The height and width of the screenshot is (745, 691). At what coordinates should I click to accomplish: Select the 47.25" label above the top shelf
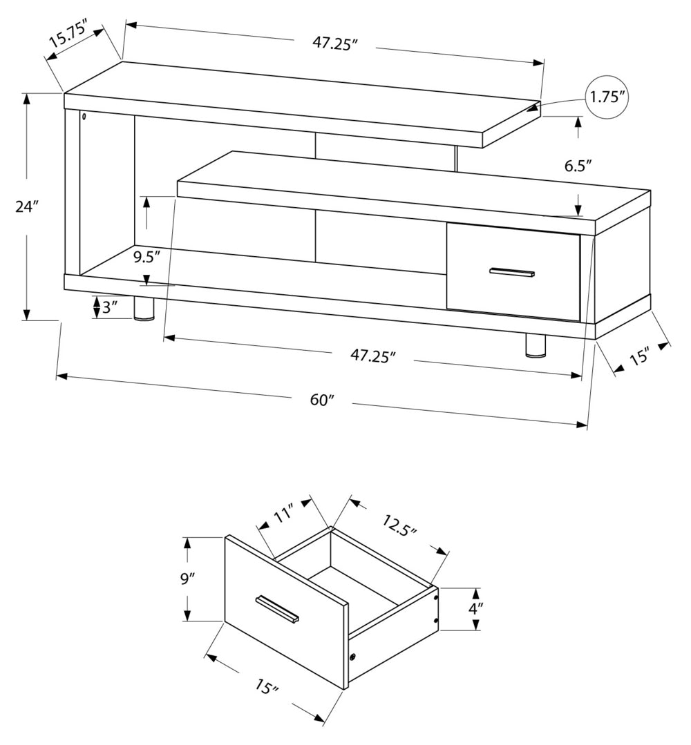click(334, 43)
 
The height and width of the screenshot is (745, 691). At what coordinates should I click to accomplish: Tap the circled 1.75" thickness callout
click(608, 96)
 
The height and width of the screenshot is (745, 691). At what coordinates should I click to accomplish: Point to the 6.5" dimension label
click(578, 166)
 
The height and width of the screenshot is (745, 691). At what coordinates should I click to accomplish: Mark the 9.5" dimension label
click(147, 257)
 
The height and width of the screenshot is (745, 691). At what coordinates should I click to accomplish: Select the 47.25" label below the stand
click(372, 356)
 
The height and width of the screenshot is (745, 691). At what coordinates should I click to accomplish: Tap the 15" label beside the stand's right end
click(639, 356)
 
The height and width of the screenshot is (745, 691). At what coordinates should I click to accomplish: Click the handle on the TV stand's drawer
click(512, 272)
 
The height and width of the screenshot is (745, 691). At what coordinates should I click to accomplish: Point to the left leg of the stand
click(144, 310)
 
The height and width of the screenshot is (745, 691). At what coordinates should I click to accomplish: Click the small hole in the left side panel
click(84, 117)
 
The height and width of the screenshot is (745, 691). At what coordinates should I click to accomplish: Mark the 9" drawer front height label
click(189, 579)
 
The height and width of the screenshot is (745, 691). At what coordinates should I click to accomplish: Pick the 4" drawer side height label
click(475, 609)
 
